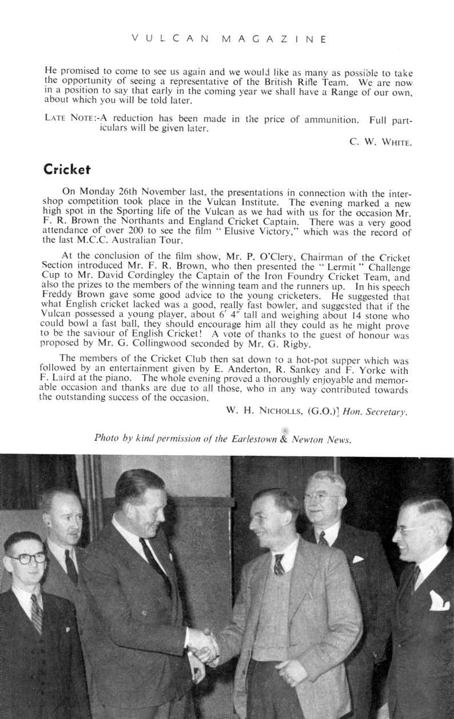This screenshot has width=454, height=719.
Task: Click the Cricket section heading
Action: pyautogui.click(x=67, y=170)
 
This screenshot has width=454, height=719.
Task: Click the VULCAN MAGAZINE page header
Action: pyautogui.click(x=228, y=39)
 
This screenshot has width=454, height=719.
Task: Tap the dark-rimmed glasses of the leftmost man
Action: pyautogui.click(x=26, y=557)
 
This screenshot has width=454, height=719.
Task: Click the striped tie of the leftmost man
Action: pyautogui.click(x=36, y=613)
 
